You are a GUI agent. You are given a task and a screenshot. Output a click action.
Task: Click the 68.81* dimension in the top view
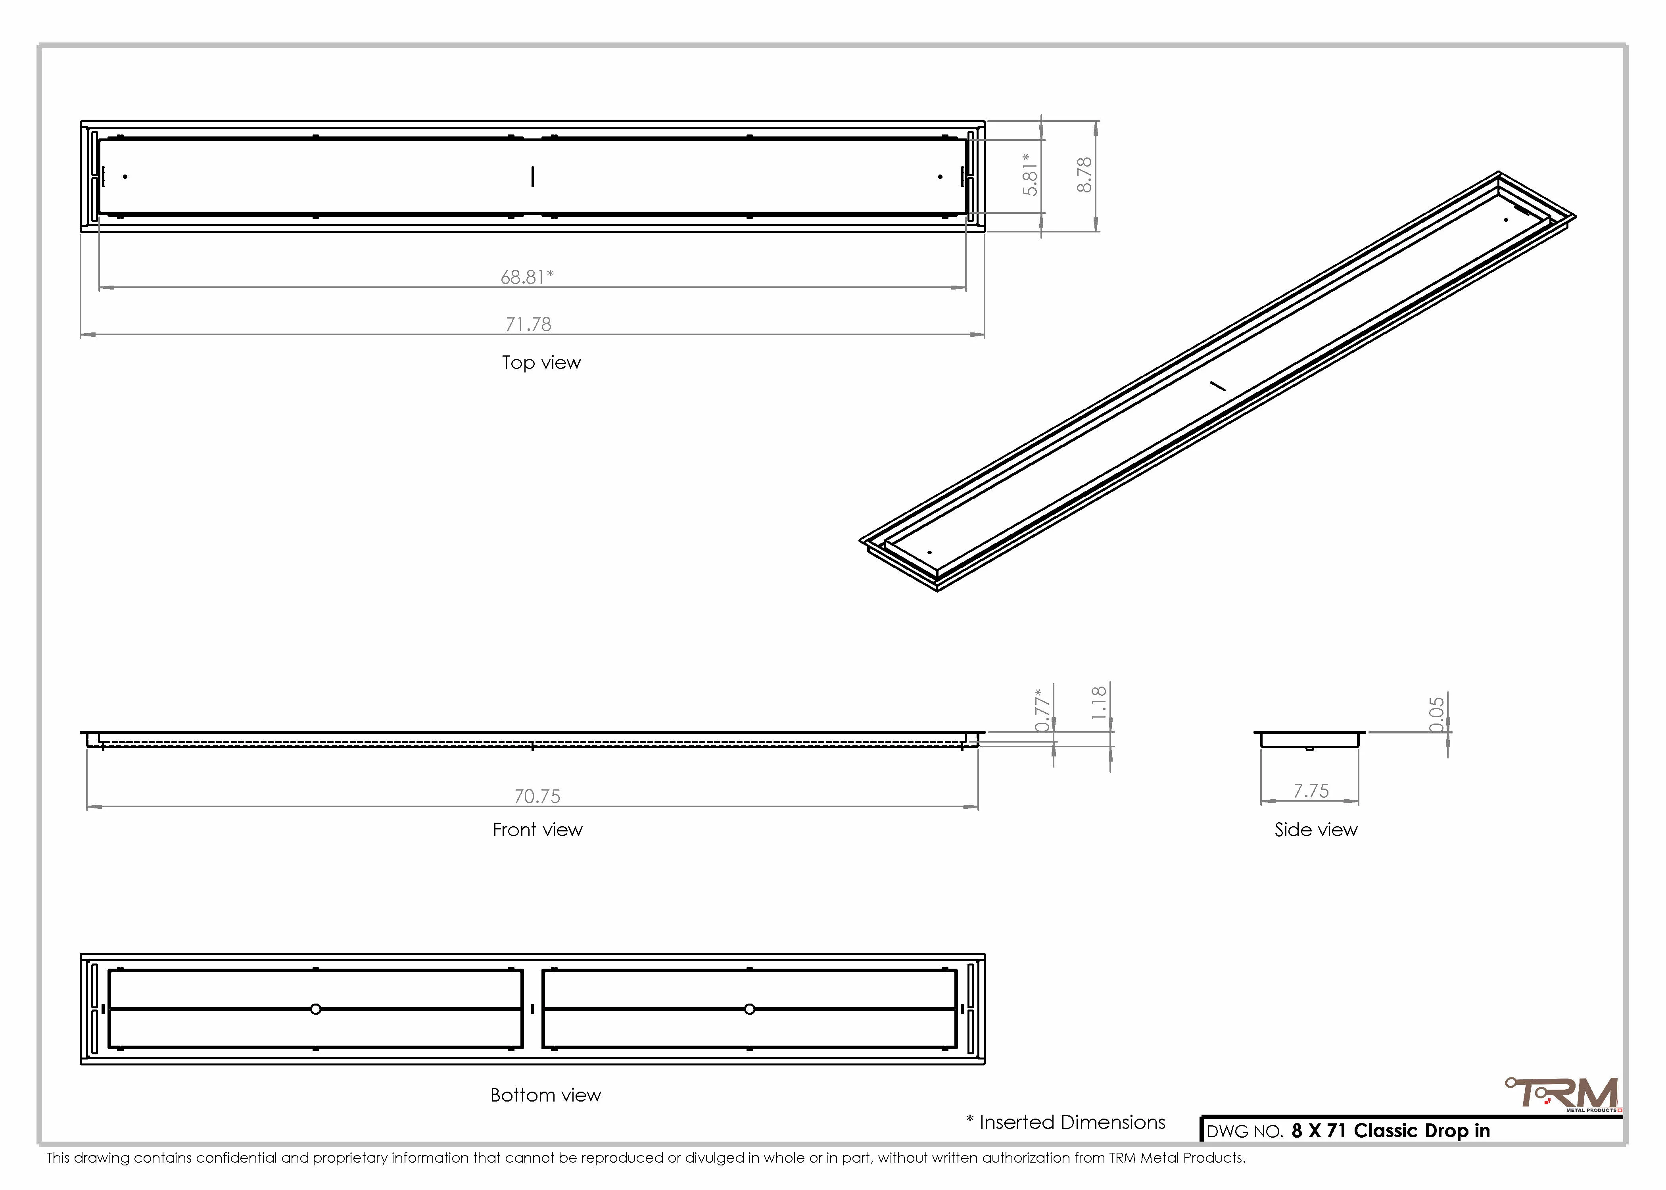tap(527, 277)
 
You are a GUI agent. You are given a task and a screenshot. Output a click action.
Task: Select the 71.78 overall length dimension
tap(528, 324)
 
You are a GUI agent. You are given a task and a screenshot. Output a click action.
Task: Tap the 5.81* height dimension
tap(1030, 175)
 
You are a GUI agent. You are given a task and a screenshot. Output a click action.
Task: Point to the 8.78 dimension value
tap(1084, 175)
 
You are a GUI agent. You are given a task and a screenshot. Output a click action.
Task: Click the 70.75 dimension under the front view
tap(537, 796)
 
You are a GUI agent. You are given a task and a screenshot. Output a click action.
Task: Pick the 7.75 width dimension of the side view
tap(1311, 791)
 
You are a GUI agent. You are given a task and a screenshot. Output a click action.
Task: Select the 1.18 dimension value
tap(1098, 703)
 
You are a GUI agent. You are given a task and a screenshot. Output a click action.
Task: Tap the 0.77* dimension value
tap(1042, 710)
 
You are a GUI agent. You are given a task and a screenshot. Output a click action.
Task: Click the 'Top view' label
tap(541, 363)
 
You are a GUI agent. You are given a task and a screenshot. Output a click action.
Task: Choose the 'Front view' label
tap(538, 829)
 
